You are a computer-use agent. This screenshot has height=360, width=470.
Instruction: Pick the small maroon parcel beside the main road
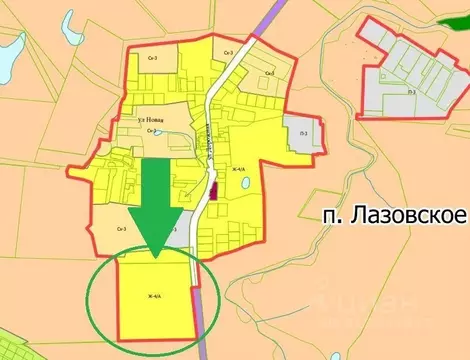click(211, 187)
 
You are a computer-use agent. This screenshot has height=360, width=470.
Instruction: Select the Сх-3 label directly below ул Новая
click(150, 131)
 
